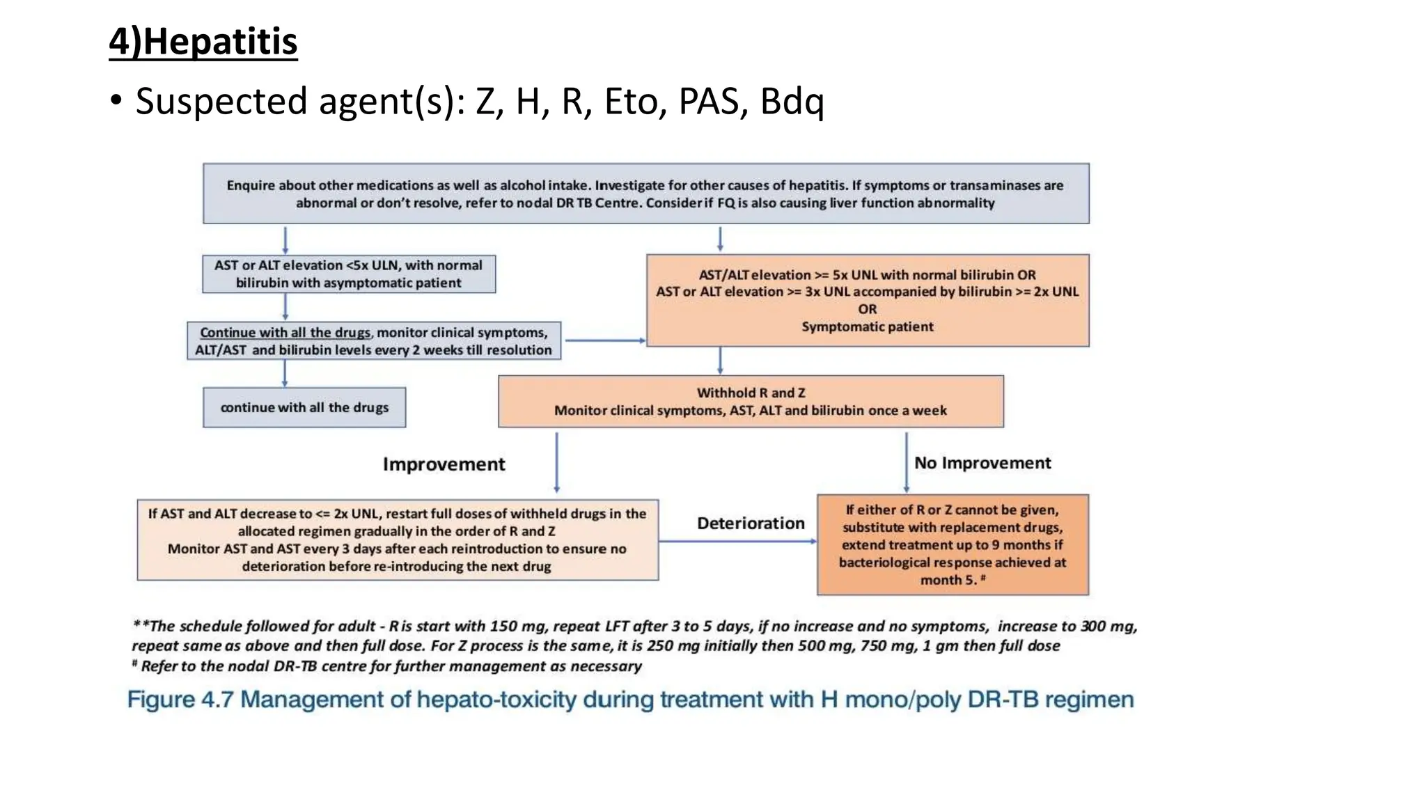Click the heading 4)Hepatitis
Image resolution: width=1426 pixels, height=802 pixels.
coord(203,41)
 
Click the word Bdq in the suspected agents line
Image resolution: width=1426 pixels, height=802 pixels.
coord(792,102)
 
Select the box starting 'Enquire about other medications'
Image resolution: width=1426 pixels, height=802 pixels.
coord(645,194)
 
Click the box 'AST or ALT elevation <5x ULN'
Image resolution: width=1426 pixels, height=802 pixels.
coord(348,274)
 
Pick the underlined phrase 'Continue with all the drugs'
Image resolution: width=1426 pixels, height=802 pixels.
coord(285,333)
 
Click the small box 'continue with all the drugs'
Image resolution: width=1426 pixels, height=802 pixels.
coord(304,407)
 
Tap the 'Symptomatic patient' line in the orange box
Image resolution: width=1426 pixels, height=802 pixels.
coord(867,327)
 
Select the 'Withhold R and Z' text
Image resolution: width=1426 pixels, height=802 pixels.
coord(751,393)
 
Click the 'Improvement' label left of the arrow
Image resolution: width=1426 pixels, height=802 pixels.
coord(444,464)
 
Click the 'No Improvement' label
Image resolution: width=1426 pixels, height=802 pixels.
coord(982,463)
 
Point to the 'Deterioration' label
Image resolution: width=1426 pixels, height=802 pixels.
coord(750,524)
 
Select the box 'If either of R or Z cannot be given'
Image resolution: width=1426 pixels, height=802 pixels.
coord(952,544)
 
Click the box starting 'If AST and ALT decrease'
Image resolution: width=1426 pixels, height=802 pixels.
coord(397,540)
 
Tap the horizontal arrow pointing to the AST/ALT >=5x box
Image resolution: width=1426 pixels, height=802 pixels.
coord(604,340)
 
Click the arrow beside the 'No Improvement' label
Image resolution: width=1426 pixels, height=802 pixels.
coord(906,462)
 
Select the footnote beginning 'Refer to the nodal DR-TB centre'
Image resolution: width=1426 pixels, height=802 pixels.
coord(391,666)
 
